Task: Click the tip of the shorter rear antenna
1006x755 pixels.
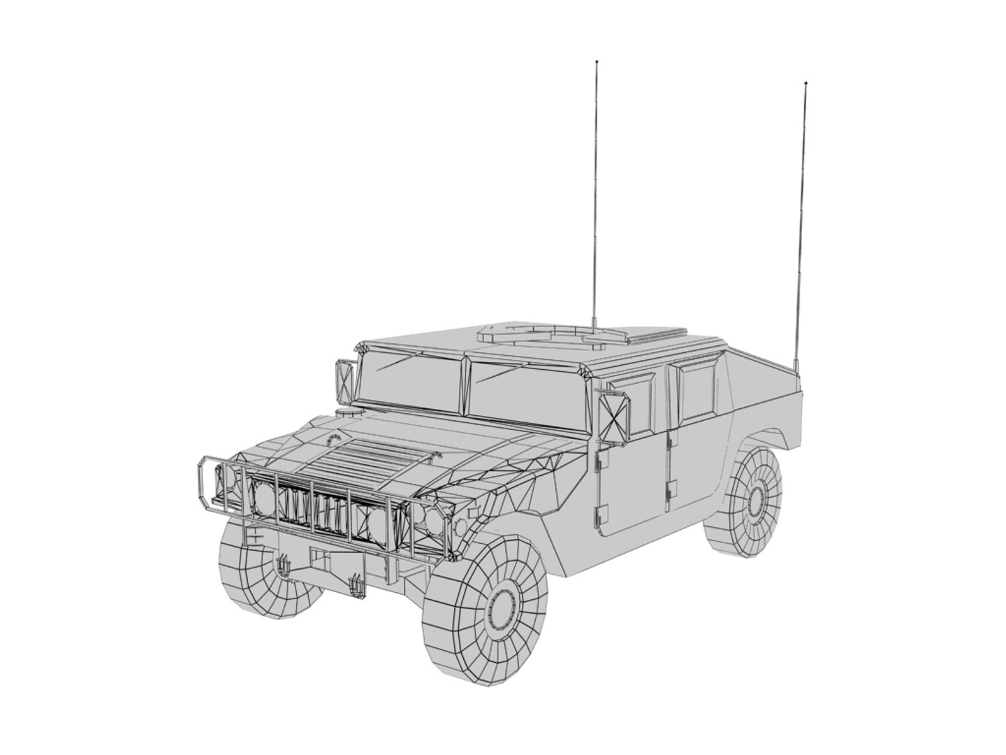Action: point(805,83)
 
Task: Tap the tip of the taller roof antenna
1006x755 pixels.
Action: point(596,62)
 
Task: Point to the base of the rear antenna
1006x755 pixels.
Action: point(795,367)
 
